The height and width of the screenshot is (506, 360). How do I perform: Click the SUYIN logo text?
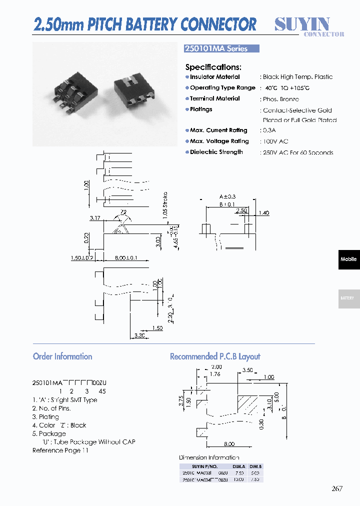(x=302, y=23)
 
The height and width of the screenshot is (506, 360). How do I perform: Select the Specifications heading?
(x=213, y=67)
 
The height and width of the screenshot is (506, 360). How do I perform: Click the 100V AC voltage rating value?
(x=275, y=141)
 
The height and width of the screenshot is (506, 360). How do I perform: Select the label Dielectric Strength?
(x=216, y=152)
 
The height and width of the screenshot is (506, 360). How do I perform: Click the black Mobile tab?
(x=348, y=259)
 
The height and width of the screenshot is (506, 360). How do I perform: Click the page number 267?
(x=337, y=488)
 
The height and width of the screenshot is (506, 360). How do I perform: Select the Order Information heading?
(x=62, y=356)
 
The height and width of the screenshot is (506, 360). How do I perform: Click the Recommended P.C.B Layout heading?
(x=215, y=356)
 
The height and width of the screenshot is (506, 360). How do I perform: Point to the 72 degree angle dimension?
(x=123, y=212)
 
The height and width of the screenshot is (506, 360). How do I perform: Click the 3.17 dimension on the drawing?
(x=95, y=218)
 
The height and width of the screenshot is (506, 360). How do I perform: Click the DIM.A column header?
(x=238, y=466)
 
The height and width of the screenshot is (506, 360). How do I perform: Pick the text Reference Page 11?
(x=60, y=450)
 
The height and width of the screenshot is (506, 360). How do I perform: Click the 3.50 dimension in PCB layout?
(x=247, y=370)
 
